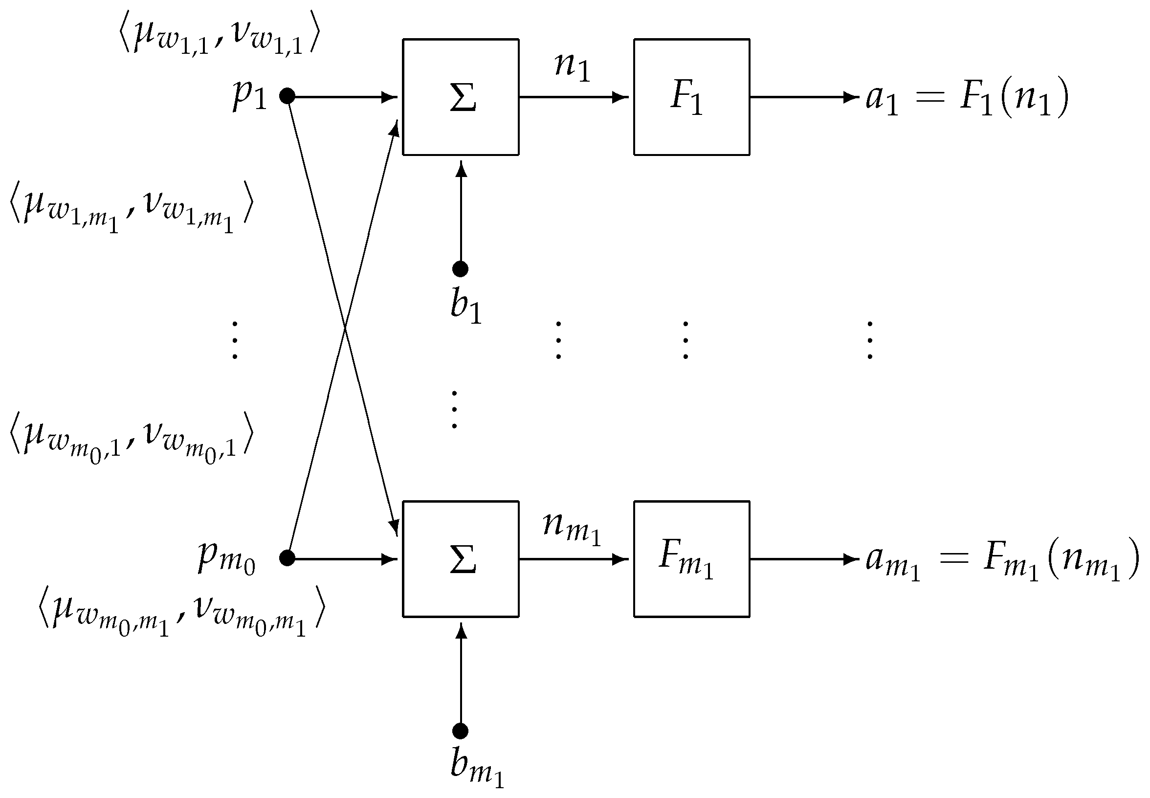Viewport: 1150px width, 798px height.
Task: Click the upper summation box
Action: tap(460, 97)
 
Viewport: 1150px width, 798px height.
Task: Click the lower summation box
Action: tap(460, 558)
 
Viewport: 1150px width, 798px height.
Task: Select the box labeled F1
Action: tap(691, 97)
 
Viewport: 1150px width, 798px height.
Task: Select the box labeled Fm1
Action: tap(691, 558)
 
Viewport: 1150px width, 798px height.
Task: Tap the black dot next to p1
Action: tap(287, 96)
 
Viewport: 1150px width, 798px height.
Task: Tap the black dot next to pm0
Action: tap(287, 558)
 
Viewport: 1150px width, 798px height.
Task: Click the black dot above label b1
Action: tap(460, 269)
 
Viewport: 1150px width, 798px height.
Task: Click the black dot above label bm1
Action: tap(460, 731)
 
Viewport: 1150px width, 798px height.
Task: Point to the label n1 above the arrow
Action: tap(572, 67)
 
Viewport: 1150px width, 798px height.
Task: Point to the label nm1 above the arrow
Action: tap(571, 529)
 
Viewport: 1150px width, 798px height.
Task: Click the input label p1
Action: tap(249, 96)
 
